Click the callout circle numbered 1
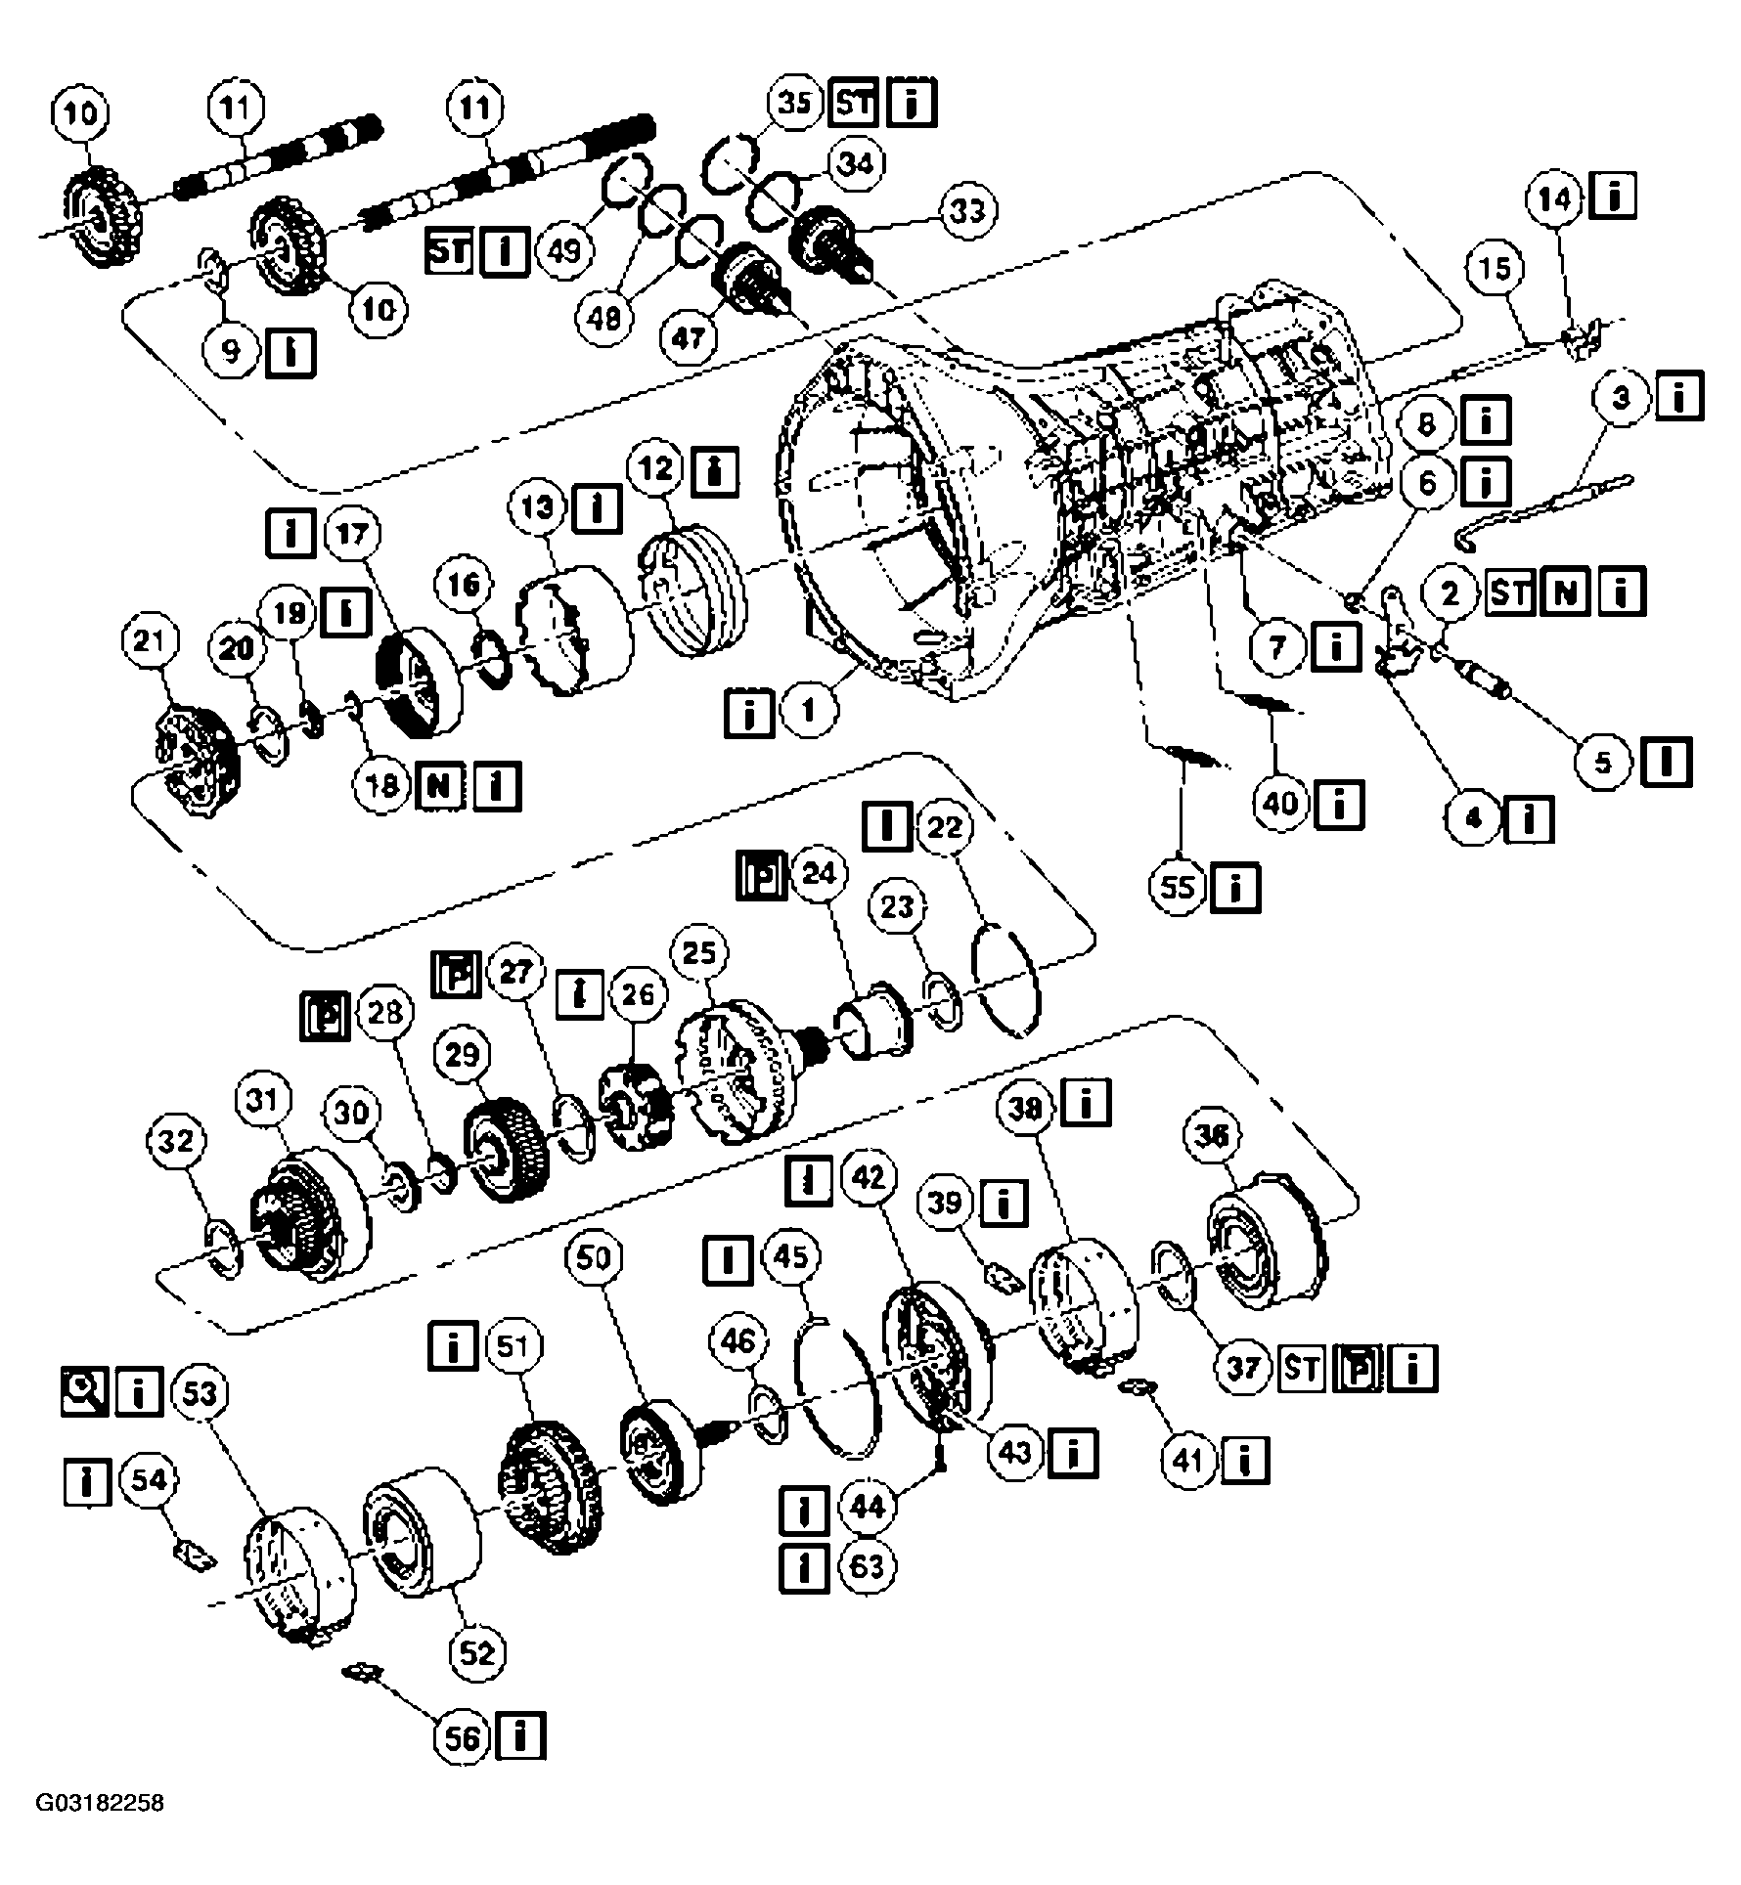pyautogui.click(x=808, y=711)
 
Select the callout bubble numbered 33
pyautogui.click(x=967, y=210)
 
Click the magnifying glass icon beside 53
pyautogui.click(x=83, y=1392)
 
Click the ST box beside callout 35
pyautogui.click(x=855, y=103)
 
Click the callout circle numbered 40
pyautogui.click(x=1281, y=804)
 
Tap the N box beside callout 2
pyautogui.click(x=1565, y=593)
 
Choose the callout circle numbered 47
pyautogui.click(x=689, y=337)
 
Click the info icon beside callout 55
pyautogui.click(x=1235, y=888)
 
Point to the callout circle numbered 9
pyautogui.click(x=231, y=350)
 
